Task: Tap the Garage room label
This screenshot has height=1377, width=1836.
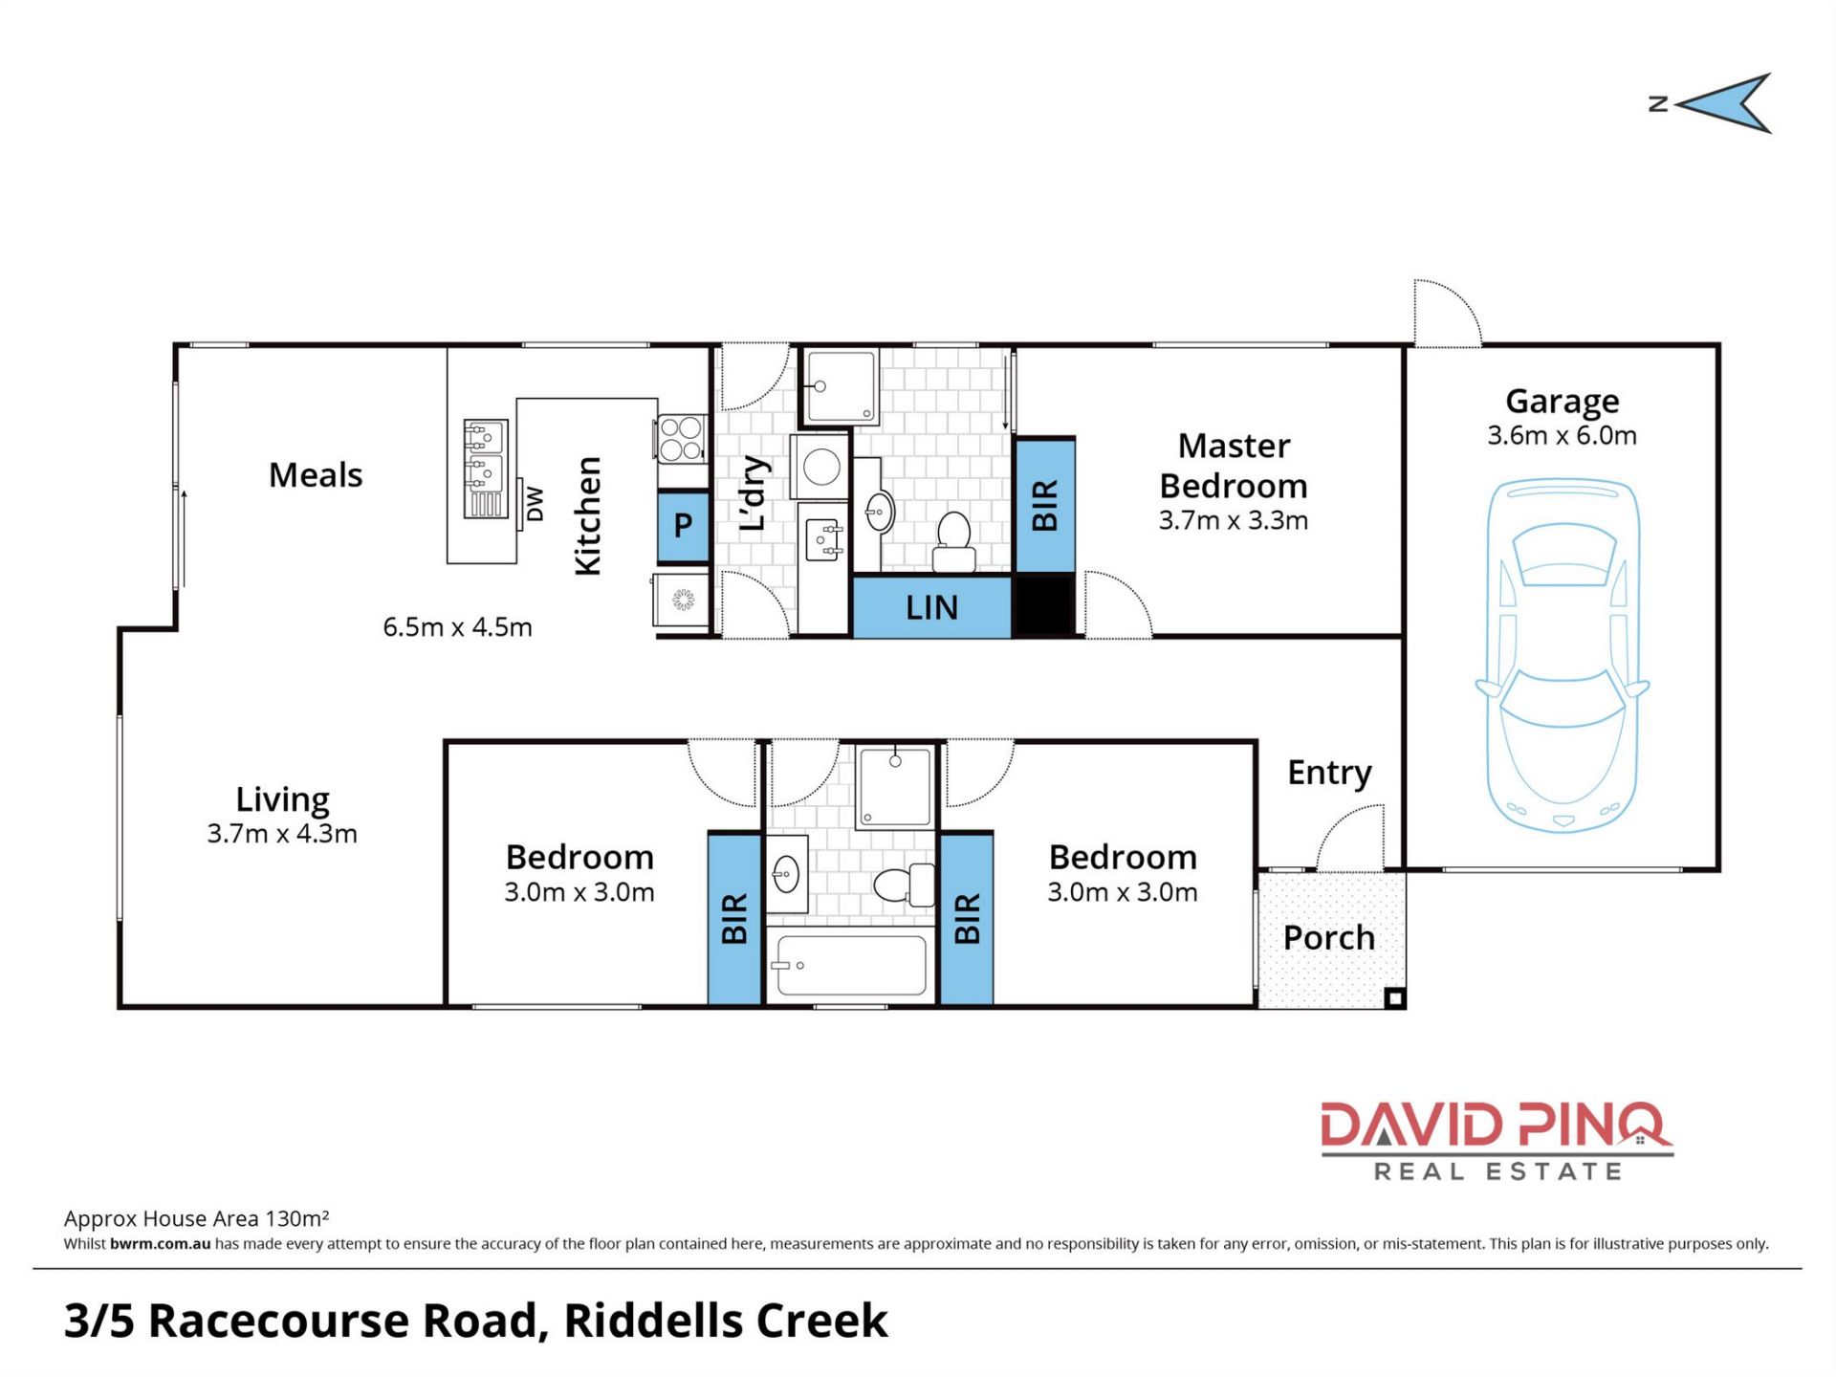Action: (1562, 401)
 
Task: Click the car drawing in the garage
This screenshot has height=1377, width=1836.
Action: (1563, 656)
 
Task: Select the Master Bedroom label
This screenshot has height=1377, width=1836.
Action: (1234, 466)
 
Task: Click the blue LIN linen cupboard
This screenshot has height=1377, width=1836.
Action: (931, 607)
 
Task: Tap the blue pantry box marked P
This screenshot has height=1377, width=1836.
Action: (683, 525)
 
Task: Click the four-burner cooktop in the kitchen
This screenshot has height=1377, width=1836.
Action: (682, 439)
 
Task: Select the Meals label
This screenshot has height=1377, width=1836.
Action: (316, 475)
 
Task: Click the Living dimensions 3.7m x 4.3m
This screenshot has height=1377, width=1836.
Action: (282, 834)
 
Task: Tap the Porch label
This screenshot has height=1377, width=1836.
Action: (1329, 938)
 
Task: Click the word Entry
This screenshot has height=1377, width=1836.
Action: (1329, 773)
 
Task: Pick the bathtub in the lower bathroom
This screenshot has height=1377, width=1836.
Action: (850, 965)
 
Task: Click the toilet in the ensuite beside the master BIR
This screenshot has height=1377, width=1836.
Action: (953, 542)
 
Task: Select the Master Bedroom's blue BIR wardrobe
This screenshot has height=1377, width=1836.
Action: (1044, 506)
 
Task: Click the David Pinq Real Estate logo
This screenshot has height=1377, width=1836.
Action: (1497, 1142)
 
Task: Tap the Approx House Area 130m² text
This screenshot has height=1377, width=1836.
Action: (197, 1218)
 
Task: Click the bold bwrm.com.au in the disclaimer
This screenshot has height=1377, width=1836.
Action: (160, 1244)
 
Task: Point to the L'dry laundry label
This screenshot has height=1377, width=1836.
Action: (754, 493)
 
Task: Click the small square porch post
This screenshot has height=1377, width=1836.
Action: (1394, 999)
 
